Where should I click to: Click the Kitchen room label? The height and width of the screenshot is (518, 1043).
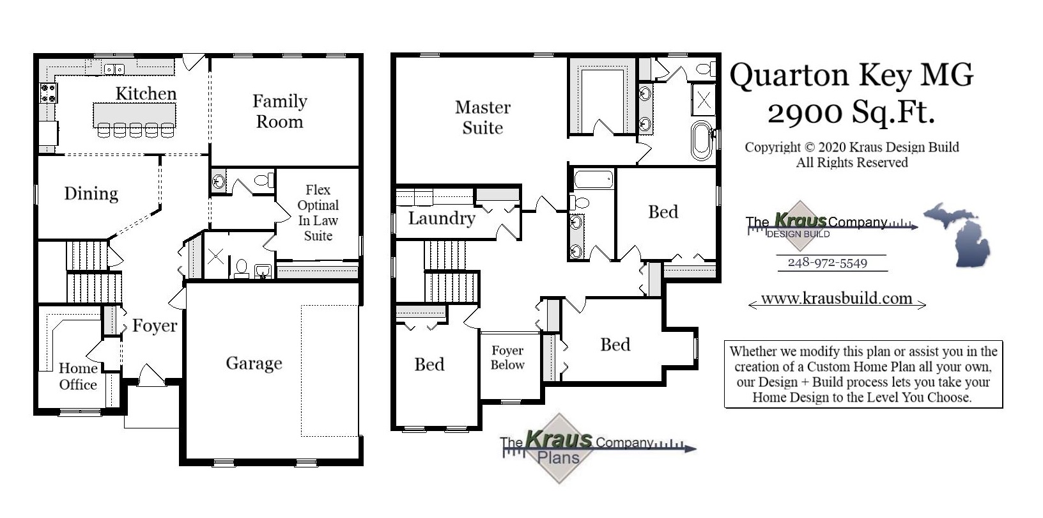click(146, 93)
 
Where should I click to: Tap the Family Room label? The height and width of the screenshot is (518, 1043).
click(279, 111)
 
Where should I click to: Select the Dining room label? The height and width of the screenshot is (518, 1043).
click(91, 194)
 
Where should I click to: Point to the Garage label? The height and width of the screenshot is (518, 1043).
click(254, 363)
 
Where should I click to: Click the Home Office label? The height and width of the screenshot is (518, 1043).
click(78, 376)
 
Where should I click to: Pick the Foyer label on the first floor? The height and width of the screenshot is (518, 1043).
click(155, 326)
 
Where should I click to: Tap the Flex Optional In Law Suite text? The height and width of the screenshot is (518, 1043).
click(318, 212)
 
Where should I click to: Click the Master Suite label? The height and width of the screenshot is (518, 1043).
click(483, 117)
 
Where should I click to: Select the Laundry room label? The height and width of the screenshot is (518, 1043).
click(442, 219)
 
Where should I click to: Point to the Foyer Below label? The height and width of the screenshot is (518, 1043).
click(507, 357)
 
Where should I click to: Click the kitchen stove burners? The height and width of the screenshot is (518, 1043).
click(48, 93)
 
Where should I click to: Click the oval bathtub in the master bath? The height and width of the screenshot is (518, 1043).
click(701, 140)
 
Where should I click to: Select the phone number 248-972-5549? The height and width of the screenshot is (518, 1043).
click(827, 263)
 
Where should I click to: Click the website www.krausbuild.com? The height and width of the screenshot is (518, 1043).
click(836, 299)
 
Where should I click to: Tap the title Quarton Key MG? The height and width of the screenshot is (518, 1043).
click(851, 75)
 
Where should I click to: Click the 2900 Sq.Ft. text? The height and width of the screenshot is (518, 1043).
click(851, 113)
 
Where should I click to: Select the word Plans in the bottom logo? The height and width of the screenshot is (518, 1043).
click(558, 458)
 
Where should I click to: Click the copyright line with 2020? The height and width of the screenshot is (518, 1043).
click(851, 148)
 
